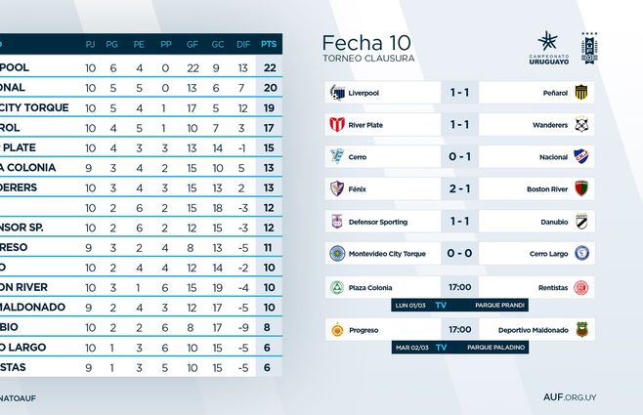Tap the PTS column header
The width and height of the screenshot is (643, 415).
coord(268,43)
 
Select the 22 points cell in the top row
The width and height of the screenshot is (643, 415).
coord(268,67)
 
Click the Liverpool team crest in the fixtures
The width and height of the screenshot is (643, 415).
coord(337,93)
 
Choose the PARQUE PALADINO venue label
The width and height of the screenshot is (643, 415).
coord(496,348)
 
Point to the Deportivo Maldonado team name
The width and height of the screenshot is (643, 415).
coord(533,330)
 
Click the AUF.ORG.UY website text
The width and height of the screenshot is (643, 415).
coord(597,396)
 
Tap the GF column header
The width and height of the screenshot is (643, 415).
coord(193,43)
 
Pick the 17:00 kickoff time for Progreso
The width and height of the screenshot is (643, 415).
coord(459,330)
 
